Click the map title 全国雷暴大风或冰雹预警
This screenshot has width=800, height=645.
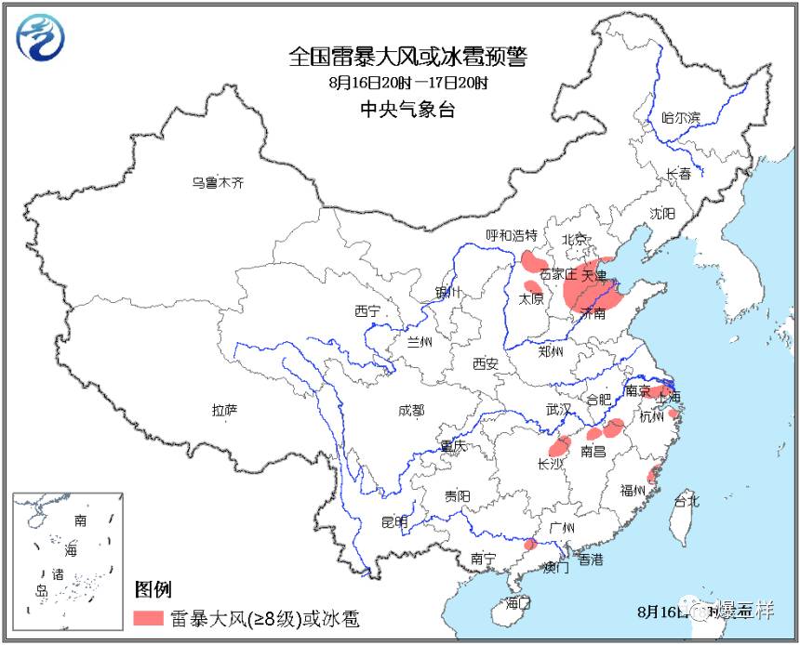[x=407, y=58]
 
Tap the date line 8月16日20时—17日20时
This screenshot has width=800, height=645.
[x=407, y=83]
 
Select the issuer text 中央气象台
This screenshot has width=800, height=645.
[x=407, y=109]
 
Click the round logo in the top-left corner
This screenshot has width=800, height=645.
[x=42, y=37]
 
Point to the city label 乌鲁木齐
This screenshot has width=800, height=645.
[x=217, y=183]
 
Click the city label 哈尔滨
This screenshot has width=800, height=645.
[x=680, y=118]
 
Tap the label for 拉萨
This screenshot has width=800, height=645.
[x=225, y=410]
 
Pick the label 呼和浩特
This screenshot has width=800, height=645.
[x=512, y=234]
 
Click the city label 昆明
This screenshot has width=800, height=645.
[x=394, y=522]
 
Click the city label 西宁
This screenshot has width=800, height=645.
[x=367, y=310]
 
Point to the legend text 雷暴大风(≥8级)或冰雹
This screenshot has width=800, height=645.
[x=264, y=618]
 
